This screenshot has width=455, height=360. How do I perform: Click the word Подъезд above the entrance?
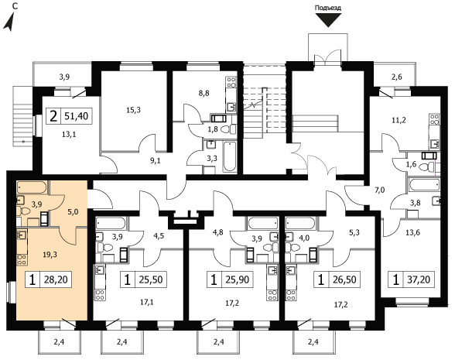coord(328,8)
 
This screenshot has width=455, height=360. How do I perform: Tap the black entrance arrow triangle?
coord(328,20)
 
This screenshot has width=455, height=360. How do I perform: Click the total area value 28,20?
coord(56,279)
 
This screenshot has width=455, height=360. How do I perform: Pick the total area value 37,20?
coord(419,279)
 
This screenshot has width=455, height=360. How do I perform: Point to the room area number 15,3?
coord(133,110)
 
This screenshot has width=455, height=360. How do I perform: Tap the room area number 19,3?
coord(50,255)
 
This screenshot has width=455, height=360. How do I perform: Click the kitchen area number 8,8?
coord(204,93)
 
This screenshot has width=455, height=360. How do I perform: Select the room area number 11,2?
coord(399,120)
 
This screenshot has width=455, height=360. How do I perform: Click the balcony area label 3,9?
coord(64,77)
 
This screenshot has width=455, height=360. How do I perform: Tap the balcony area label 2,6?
coord(397,77)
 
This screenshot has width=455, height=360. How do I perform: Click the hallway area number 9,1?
coord(156,160)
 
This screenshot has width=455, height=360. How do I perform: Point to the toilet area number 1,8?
coord(213,129)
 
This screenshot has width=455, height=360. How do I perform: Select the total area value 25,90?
coord(237,279)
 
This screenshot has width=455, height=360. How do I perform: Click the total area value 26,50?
coord(344,279)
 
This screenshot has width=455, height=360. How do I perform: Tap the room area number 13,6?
coord(413,232)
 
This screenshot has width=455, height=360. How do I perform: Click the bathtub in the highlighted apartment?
coord(31,187)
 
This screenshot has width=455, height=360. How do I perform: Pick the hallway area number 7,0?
coord(379,190)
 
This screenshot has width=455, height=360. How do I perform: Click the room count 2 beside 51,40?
coord(53,116)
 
